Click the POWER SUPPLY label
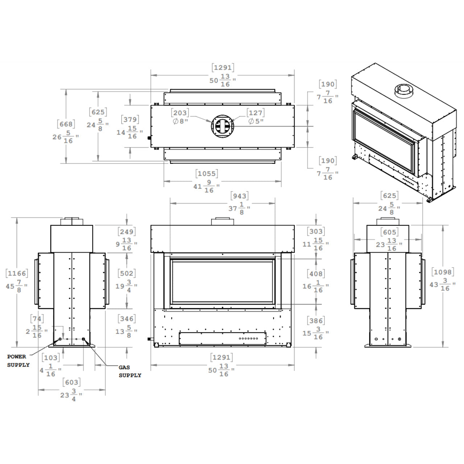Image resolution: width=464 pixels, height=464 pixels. (x=18, y=361)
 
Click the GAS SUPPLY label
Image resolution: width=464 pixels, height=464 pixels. (x=129, y=371)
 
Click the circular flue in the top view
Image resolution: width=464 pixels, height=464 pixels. (x=223, y=126)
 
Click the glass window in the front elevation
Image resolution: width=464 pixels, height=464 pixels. (x=223, y=281)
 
